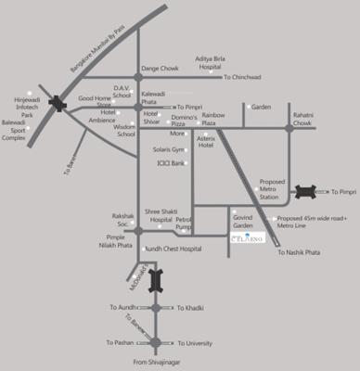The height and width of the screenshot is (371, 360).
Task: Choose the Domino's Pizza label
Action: coord(183,119)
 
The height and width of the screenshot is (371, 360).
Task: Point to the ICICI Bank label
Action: coord(172,163)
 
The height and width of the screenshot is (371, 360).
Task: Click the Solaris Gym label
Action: coord(169,149)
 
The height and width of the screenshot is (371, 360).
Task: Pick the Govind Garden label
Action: coord(243,221)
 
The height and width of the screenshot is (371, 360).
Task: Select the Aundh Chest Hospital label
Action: coord(173,249)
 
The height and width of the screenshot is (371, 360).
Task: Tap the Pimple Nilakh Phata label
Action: coord(122,240)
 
